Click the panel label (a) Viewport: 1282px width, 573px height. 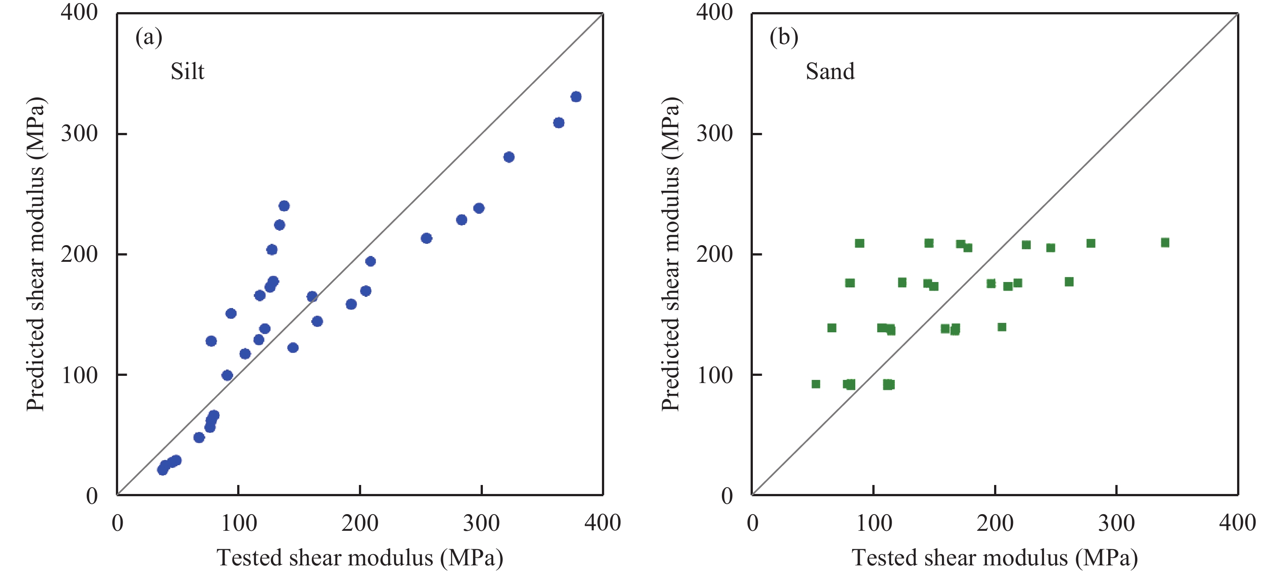(x=149, y=37)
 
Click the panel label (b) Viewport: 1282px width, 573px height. (x=784, y=37)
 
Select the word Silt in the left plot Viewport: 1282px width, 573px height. (x=187, y=71)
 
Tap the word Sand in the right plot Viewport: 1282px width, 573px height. (x=830, y=71)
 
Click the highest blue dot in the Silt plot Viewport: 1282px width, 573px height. (x=576, y=97)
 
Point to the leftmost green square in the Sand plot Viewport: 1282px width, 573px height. (x=816, y=384)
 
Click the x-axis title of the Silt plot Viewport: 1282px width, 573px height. (x=360, y=558)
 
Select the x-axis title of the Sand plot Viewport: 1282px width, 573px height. (x=995, y=558)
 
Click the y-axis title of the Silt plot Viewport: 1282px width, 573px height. (x=36, y=254)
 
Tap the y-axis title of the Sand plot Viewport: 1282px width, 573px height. (x=671, y=254)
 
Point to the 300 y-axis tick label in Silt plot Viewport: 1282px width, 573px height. (x=80, y=133)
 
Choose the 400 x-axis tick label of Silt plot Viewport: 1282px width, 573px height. (x=603, y=523)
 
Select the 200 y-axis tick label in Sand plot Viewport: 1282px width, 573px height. (x=715, y=254)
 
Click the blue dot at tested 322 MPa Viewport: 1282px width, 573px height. (x=508, y=157)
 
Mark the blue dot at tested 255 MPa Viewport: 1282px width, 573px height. (x=426, y=238)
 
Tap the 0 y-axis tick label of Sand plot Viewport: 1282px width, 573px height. (x=727, y=496)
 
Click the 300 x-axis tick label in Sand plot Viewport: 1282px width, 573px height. (x=1116, y=523)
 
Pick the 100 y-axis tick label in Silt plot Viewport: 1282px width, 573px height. (x=80, y=375)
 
